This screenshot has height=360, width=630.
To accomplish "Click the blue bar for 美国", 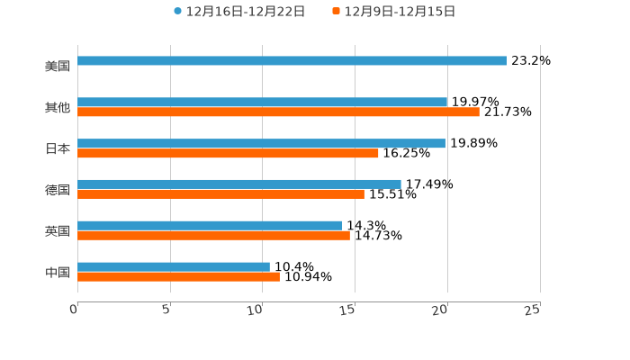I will click(x=292, y=61).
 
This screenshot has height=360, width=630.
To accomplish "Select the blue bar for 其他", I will click(x=262, y=103).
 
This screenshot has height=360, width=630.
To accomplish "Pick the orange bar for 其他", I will click(x=278, y=112).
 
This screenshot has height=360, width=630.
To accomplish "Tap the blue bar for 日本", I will click(x=261, y=144).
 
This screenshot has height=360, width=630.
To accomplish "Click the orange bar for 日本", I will click(x=228, y=154).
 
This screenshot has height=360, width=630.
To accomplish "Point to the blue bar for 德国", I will click(x=239, y=184).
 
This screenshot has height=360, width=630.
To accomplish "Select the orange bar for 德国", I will click(x=220, y=194).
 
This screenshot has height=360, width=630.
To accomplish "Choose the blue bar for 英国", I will click(x=210, y=226).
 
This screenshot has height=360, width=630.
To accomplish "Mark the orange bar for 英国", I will click(x=213, y=236).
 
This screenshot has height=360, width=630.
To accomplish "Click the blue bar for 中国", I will click(x=174, y=266).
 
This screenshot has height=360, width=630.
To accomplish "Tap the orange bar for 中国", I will click(x=178, y=277).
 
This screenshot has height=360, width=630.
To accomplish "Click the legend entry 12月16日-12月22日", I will click(x=239, y=12).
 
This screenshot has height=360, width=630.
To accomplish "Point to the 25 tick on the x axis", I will click(x=533, y=310).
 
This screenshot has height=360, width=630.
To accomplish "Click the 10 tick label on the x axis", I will click(x=256, y=310).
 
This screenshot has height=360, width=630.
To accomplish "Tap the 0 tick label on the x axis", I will click(x=74, y=310).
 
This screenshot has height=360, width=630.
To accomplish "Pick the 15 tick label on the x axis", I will click(x=347, y=310).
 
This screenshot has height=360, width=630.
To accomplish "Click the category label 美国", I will click(x=58, y=67).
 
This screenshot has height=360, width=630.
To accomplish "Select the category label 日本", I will click(x=58, y=149).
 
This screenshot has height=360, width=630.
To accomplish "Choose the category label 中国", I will click(x=58, y=273).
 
